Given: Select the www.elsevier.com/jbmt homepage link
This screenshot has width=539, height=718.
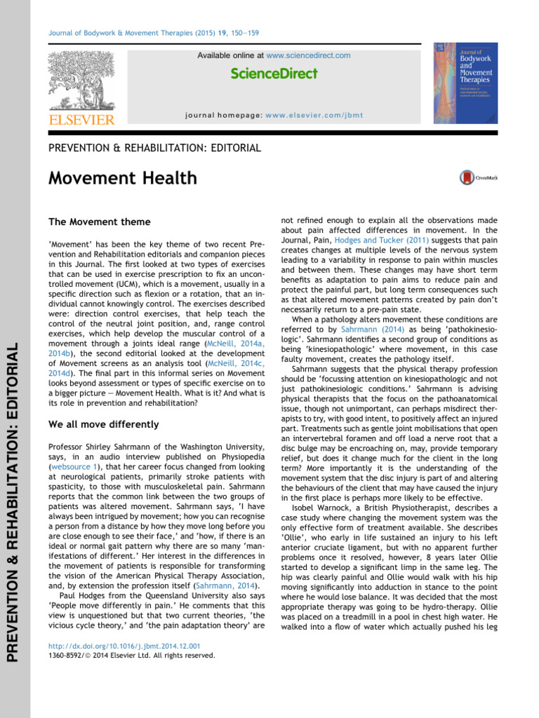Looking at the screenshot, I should coord(322,115).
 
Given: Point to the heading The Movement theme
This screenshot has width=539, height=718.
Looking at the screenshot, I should coord(99,222).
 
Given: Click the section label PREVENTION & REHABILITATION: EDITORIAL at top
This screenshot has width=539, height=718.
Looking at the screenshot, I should coord(154,148).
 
